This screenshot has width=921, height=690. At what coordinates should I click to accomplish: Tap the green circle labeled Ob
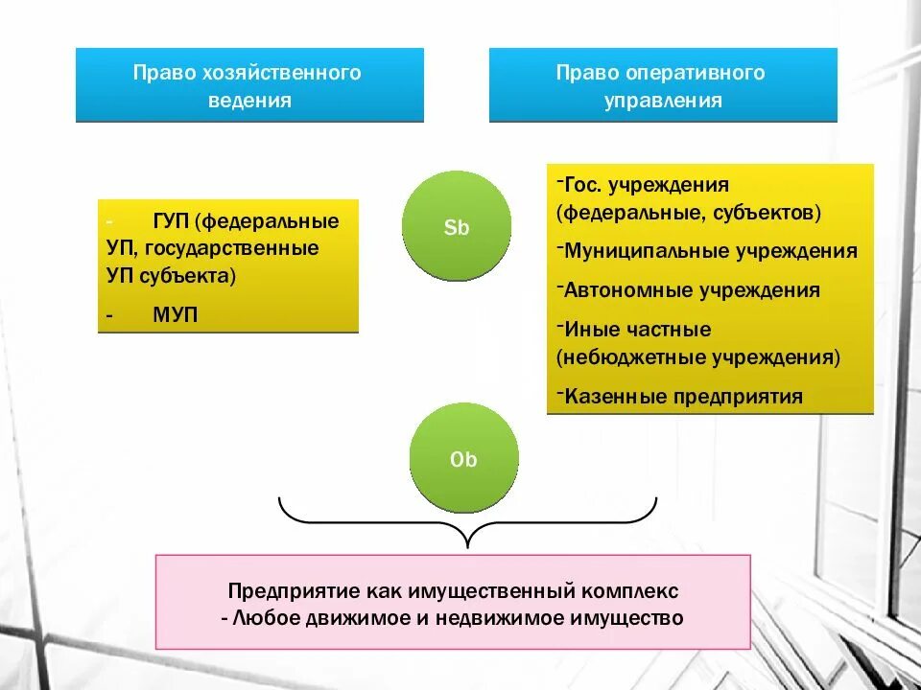pos(463,458)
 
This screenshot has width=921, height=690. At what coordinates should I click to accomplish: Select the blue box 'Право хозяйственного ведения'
pos(249,85)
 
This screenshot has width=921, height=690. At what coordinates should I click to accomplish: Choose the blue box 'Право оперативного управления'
pos(663,85)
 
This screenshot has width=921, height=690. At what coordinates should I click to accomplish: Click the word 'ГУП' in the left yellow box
pos(172,221)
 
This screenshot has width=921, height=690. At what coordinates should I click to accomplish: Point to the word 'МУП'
pos(175,313)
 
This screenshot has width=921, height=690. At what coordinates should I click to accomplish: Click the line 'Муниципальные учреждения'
pos(710,252)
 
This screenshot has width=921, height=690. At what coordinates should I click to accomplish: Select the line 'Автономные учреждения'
pos(692,290)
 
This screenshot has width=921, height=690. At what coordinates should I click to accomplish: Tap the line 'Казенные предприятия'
pos(683,396)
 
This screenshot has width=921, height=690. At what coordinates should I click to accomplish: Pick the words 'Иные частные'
pos(638,330)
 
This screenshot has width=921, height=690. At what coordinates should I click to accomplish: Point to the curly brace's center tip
pos(467,544)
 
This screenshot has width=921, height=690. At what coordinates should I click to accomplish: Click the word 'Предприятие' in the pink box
pos(279,589)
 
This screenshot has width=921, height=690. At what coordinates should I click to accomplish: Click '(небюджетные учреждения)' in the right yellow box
pos(698,357)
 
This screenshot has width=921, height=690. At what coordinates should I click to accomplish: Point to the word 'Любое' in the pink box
pos(262,618)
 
